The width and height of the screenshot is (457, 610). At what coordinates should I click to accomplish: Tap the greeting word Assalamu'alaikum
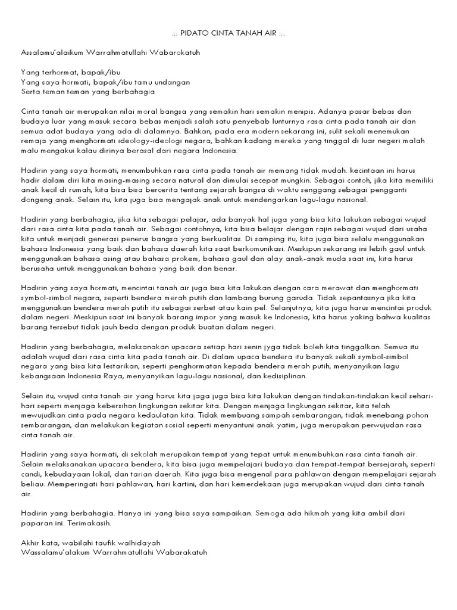tap(53, 52)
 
